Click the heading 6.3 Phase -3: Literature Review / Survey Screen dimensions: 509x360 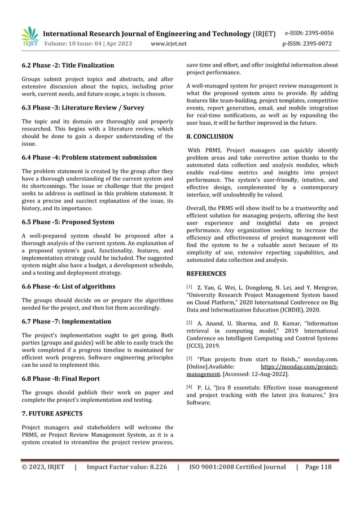(x=82, y=107)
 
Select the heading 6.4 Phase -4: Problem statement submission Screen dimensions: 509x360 (x=89, y=157)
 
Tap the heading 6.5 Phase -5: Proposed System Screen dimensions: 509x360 (x=67, y=222)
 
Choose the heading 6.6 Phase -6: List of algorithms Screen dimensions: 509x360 (x=68, y=286)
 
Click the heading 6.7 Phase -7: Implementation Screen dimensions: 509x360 (x=66, y=321)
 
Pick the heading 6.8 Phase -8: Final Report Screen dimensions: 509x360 (x=61, y=379)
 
